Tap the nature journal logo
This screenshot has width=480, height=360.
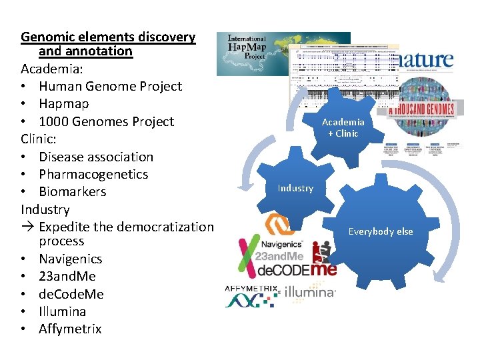(417, 59)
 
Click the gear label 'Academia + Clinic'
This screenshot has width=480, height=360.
(343, 127)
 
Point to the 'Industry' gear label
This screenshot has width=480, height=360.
(295, 188)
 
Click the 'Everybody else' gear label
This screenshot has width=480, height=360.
(381, 231)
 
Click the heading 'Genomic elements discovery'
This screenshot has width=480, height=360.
(108, 37)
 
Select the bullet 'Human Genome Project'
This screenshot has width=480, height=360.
(110, 86)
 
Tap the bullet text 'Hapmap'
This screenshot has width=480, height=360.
(63, 104)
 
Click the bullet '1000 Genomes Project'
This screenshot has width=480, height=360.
(106, 121)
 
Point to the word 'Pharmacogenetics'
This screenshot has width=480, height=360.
(93, 174)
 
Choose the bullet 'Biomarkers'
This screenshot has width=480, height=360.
(72, 191)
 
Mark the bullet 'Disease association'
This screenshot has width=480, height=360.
(96, 157)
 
